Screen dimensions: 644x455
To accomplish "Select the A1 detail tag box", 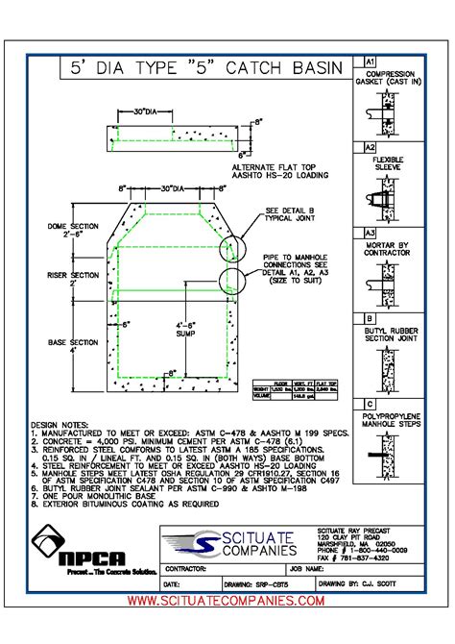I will [370, 62].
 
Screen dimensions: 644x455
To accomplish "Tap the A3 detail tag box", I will [370, 233].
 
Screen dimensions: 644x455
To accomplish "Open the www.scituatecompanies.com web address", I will [226, 600].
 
